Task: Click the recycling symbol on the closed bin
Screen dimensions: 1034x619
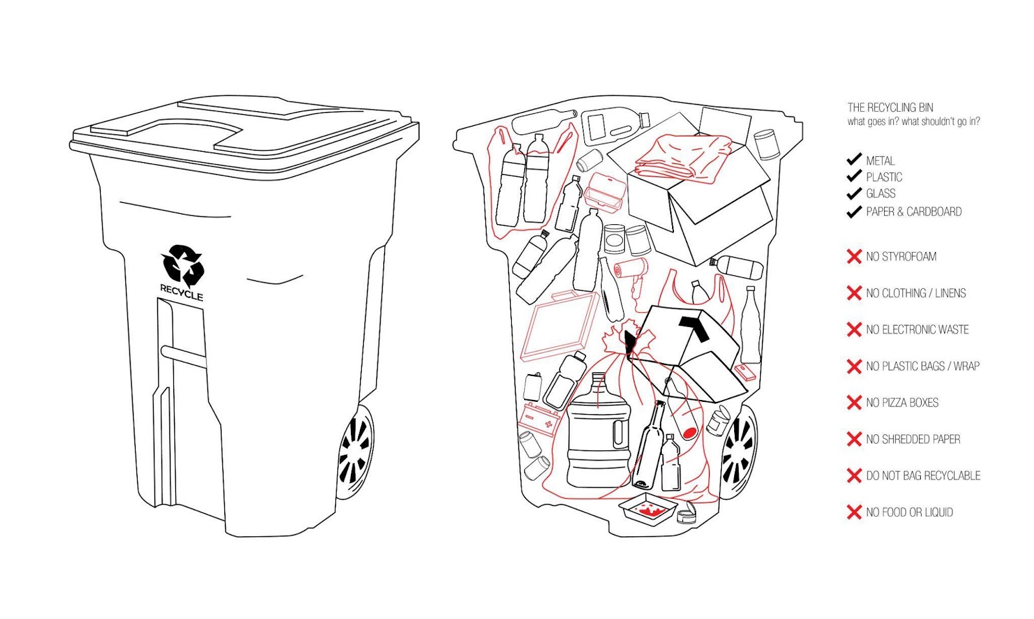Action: point(182,265)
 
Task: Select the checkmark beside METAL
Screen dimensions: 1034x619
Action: point(854,159)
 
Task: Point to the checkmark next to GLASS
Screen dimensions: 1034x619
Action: point(854,194)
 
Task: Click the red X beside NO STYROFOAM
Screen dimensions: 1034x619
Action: point(854,257)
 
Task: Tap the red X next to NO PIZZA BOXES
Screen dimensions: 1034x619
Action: point(854,403)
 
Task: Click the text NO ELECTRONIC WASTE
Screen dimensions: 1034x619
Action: point(917,330)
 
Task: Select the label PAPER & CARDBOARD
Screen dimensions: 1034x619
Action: point(914,212)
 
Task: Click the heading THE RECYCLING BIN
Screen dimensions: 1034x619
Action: point(890,107)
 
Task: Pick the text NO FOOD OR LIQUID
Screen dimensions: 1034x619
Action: point(909,512)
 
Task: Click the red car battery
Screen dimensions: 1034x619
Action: point(539,420)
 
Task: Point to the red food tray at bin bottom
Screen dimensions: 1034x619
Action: point(647,509)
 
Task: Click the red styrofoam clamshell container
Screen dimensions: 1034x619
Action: point(605,193)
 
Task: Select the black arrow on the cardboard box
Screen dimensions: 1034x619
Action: point(694,327)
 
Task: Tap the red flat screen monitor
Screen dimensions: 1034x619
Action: point(560,326)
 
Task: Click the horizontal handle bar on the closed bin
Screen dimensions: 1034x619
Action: point(184,357)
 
